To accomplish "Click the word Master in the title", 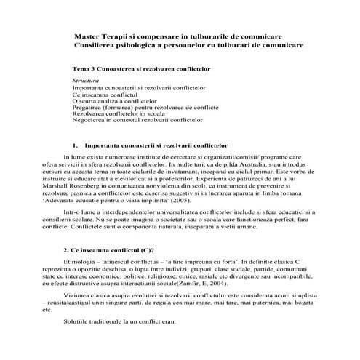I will click(88, 35).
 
